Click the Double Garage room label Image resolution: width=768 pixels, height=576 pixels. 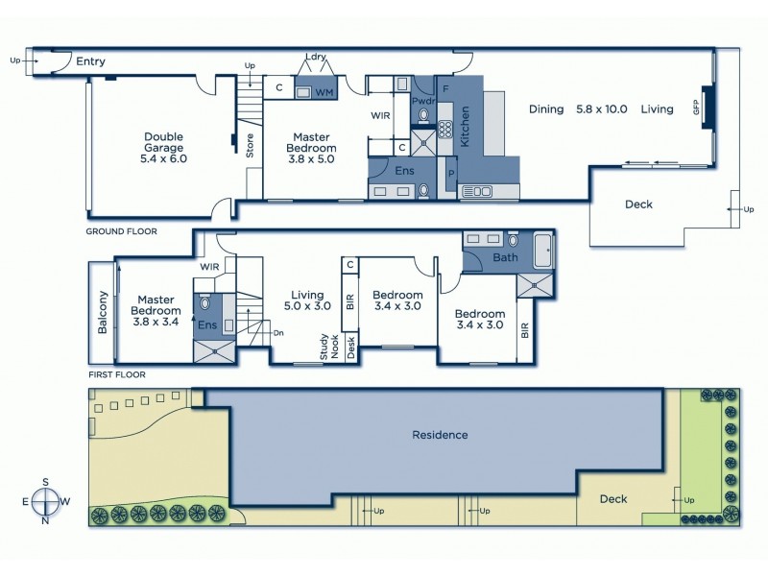(164, 147)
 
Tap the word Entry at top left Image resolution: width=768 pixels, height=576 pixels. (90, 62)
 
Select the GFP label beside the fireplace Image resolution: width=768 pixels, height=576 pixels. (697, 108)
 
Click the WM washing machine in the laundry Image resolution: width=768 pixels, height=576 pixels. (324, 93)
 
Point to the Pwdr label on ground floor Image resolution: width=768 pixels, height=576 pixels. (423, 100)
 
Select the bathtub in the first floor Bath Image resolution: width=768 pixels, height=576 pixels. (543, 250)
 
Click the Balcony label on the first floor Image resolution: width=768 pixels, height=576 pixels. (103, 312)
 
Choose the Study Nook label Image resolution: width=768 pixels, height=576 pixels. (329, 347)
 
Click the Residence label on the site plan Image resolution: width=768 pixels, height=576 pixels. (440, 435)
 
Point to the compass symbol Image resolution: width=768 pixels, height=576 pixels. (45, 501)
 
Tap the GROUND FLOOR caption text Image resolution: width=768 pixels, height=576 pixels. (122, 231)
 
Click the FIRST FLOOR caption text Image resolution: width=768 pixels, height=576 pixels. (116, 374)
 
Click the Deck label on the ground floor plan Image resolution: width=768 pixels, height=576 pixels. (638, 204)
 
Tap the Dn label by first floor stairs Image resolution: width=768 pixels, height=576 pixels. (278, 333)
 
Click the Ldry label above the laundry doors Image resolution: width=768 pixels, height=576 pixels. (316, 57)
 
